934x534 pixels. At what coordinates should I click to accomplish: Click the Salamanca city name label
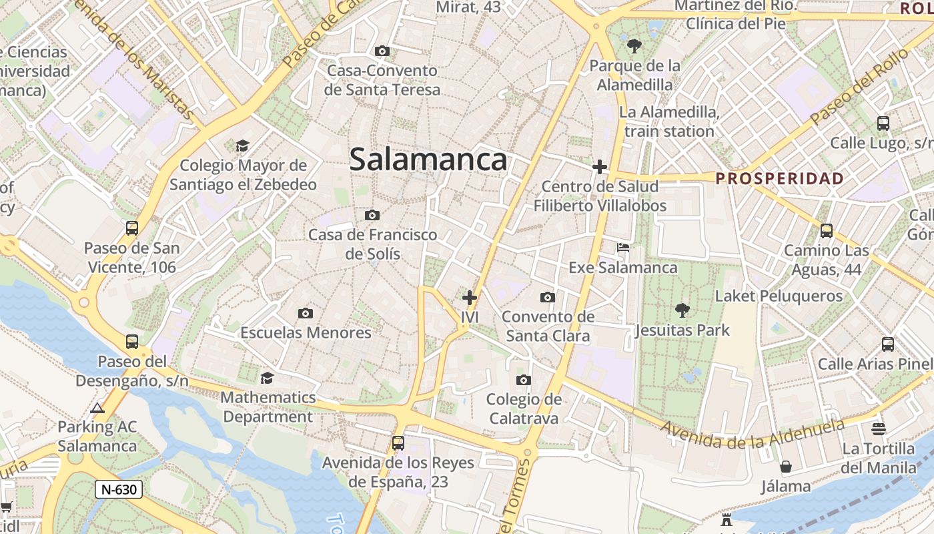428,160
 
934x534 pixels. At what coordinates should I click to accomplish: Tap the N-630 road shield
119,489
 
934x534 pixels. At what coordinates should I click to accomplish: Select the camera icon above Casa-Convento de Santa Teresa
382,51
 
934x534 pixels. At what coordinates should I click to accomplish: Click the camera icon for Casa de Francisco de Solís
372,215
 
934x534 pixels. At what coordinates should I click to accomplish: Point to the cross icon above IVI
470,297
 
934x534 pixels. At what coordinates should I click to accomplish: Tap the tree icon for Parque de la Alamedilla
634,46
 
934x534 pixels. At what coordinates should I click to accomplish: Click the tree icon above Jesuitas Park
682,310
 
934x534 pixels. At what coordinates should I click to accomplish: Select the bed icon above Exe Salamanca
623,248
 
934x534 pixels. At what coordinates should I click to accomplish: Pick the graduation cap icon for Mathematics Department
268,378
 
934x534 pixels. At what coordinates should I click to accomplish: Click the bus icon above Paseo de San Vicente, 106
132,228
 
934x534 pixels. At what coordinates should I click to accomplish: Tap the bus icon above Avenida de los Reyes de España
398,443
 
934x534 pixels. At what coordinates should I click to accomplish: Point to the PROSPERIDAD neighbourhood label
779,179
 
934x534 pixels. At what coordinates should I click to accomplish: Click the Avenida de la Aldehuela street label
753,434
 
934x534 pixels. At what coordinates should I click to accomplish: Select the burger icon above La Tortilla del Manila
878,429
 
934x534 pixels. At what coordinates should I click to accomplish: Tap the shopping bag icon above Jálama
786,466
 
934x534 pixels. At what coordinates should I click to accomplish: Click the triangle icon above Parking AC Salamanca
97,408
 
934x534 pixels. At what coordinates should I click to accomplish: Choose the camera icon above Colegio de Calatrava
524,380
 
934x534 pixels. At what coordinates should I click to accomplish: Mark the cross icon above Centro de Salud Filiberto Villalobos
600,166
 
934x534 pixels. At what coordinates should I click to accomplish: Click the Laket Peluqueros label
779,296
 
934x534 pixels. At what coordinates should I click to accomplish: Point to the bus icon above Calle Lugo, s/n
883,123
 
